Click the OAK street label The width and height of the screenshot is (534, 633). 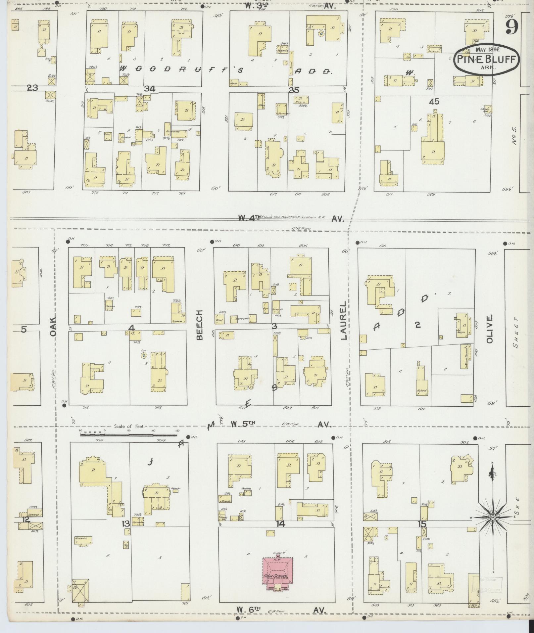click(x=54, y=327)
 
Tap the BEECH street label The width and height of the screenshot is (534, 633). click(x=199, y=325)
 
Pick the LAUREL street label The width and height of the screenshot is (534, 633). click(x=343, y=320)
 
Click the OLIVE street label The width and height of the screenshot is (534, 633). click(x=490, y=329)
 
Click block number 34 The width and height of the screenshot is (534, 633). click(x=150, y=88)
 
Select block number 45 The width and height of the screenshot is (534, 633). click(x=434, y=102)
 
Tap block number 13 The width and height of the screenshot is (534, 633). click(x=126, y=524)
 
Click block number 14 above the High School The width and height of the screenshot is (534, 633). click(x=280, y=524)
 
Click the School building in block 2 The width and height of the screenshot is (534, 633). click(x=421, y=381)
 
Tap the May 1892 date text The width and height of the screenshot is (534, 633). click(x=487, y=50)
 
